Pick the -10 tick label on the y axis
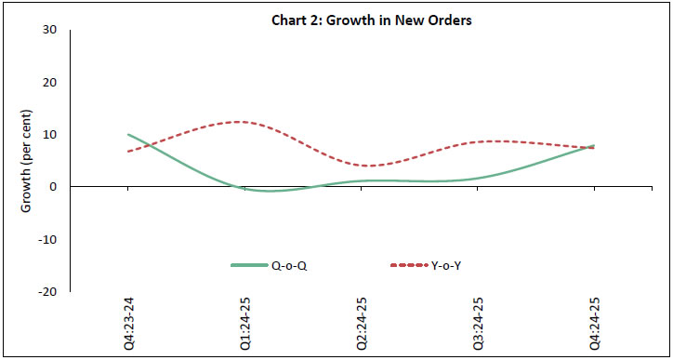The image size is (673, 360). coord(47,239)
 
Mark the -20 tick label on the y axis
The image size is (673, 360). coord(47,291)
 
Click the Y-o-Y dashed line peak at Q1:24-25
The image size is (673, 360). coord(240,122)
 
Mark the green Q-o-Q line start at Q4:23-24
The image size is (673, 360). coord(128,135)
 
